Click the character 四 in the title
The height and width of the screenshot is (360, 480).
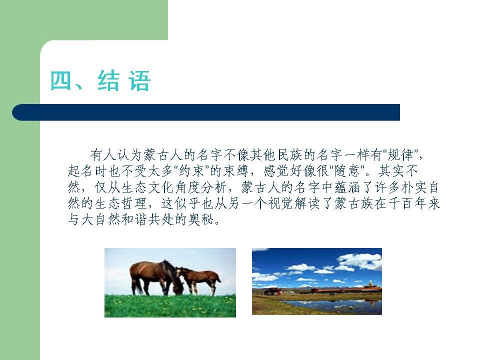[60, 80]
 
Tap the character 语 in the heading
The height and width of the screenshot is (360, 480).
[139, 80]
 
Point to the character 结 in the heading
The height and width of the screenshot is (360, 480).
[108, 80]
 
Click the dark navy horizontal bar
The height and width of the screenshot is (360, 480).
[206, 112]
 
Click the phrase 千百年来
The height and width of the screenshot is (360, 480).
[414, 203]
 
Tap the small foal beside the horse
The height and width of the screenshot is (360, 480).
[199, 279]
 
